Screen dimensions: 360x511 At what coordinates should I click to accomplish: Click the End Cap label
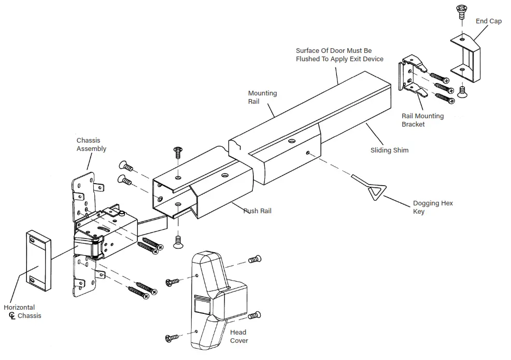point(488,21)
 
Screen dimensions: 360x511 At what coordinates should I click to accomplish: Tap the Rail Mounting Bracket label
point(422,120)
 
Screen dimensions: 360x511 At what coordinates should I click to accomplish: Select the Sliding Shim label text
point(389,150)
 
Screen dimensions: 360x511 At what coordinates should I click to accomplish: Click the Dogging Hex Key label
point(432,207)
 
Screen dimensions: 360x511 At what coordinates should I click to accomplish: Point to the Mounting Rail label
point(262,97)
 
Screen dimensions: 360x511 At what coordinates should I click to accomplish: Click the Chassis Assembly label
point(91,144)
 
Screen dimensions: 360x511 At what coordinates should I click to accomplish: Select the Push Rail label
point(258,211)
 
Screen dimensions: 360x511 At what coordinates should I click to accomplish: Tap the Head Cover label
point(238,336)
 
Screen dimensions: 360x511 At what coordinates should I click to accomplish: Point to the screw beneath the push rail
point(178,241)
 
